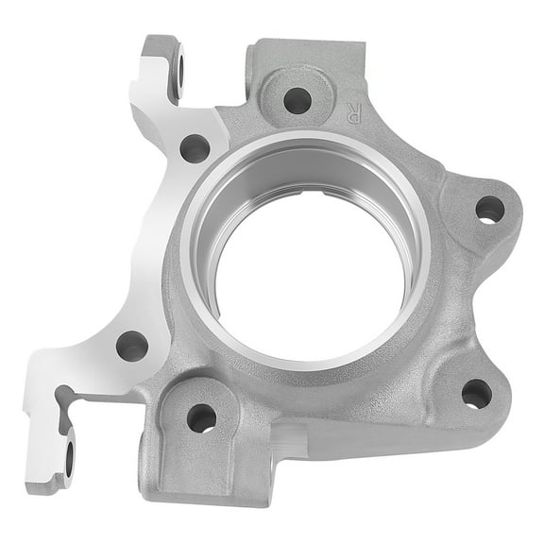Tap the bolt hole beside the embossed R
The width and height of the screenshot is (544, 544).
[x=297, y=98]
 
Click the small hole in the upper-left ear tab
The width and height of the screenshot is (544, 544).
[x=179, y=69]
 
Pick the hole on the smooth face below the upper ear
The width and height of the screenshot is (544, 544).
[x=195, y=147]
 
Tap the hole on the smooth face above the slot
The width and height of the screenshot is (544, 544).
[x=131, y=345]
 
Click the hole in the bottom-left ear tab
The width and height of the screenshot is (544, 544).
[x=69, y=457]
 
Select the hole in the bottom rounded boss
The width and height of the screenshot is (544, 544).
[x=201, y=416]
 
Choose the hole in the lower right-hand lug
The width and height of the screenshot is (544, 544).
[x=476, y=393]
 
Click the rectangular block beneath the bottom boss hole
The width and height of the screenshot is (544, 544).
[x=203, y=477]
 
